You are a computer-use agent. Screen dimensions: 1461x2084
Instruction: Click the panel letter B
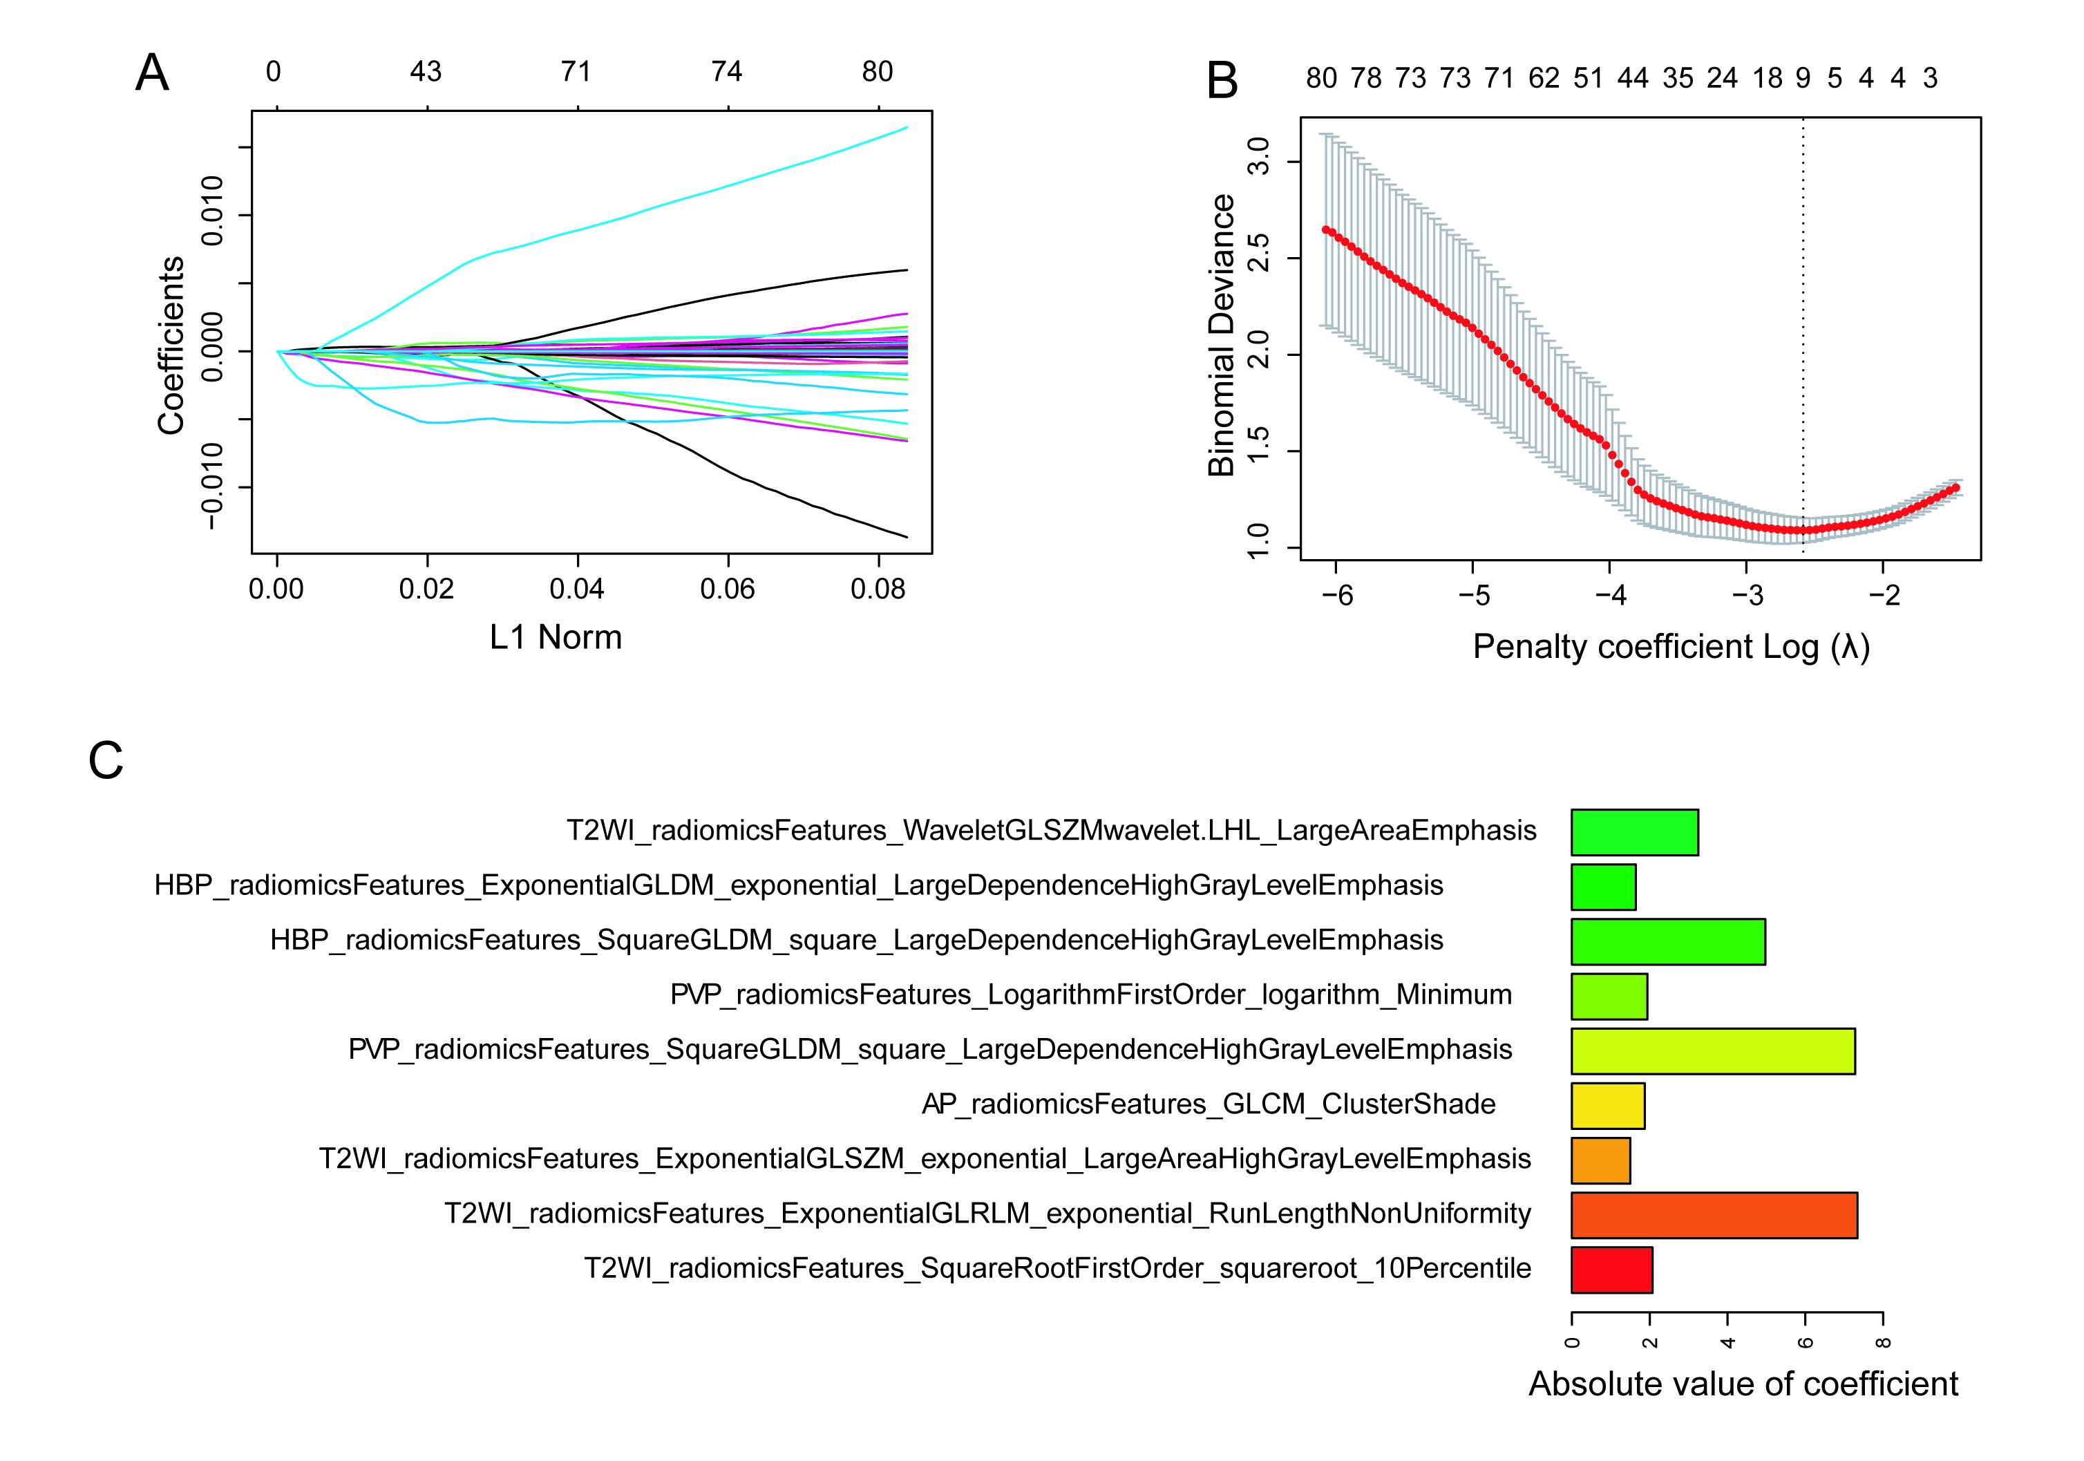point(1222,81)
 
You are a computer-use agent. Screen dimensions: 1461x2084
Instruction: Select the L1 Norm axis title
point(556,637)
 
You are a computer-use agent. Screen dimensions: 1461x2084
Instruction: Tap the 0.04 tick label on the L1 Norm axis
point(576,590)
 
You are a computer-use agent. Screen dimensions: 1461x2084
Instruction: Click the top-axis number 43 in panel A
point(426,72)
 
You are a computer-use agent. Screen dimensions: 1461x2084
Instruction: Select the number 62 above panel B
point(1544,79)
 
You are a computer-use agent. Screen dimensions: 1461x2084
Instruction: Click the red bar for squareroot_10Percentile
point(1611,1270)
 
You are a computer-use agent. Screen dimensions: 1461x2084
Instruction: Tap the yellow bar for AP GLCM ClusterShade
point(1607,1105)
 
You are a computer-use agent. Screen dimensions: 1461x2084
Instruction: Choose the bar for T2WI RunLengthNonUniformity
point(1714,1215)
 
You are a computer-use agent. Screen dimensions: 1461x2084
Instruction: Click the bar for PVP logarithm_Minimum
point(1609,996)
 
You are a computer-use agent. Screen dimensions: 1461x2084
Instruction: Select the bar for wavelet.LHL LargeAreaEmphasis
point(1633,831)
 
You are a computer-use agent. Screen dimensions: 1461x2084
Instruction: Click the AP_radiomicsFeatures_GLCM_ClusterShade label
point(1208,1104)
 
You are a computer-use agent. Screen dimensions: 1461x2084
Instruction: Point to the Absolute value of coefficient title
point(1743,1384)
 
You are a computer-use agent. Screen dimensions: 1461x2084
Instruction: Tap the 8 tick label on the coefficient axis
point(1884,1342)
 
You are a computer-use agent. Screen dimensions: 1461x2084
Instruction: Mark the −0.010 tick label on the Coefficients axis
point(212,488)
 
